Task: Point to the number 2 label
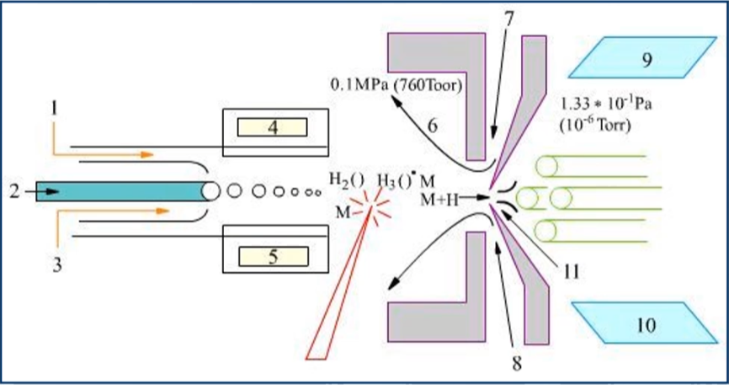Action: coord(14,191)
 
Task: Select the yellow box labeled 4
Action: coord(273,128)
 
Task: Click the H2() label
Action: coord(346,179)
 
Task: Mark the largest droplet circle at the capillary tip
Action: coord(210,191)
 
